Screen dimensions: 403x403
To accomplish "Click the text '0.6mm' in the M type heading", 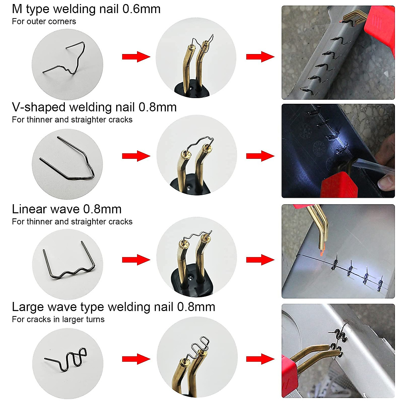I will (141, 9).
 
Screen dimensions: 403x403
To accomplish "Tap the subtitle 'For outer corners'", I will (44, 21).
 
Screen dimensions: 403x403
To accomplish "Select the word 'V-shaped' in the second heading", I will (39, 107).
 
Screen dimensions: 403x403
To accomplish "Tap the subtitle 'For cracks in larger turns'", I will (58, 319).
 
